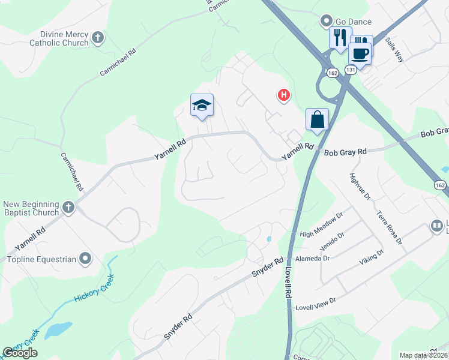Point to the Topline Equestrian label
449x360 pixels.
click(41, 260)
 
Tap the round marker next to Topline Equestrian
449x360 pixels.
click(85, 259)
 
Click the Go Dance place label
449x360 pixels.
click(354, 22)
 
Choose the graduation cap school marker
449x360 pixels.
click(202, 106)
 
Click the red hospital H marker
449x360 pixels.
click(283, 95)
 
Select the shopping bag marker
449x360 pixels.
click(317, 119)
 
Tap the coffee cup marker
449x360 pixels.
click(360, 52)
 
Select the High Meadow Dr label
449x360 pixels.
click(321, 224)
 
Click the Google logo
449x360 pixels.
click(20, 353)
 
